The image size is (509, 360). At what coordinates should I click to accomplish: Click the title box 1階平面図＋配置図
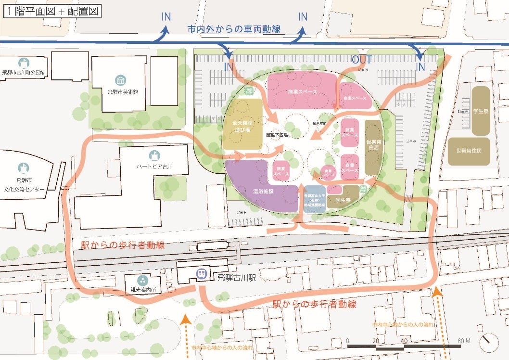click(x=52, y=11)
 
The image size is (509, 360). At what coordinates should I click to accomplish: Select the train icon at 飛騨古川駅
click(x=201, y=274)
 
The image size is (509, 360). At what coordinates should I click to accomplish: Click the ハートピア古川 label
click(x=154, y=167)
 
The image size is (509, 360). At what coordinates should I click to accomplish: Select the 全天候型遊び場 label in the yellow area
click(x=242, y=126)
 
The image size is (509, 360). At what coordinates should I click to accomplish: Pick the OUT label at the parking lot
click(x=362, y=60)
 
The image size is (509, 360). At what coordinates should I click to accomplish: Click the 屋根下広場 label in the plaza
click(x=277, y=136)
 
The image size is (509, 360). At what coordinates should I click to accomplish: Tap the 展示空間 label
click(x=319, y=124)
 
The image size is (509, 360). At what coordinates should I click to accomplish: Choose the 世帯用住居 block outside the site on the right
click(x=469, y=150)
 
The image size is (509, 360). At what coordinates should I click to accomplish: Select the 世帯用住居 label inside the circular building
click(x=373, y=144)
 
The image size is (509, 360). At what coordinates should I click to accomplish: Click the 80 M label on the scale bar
click(x=464, y=341)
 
